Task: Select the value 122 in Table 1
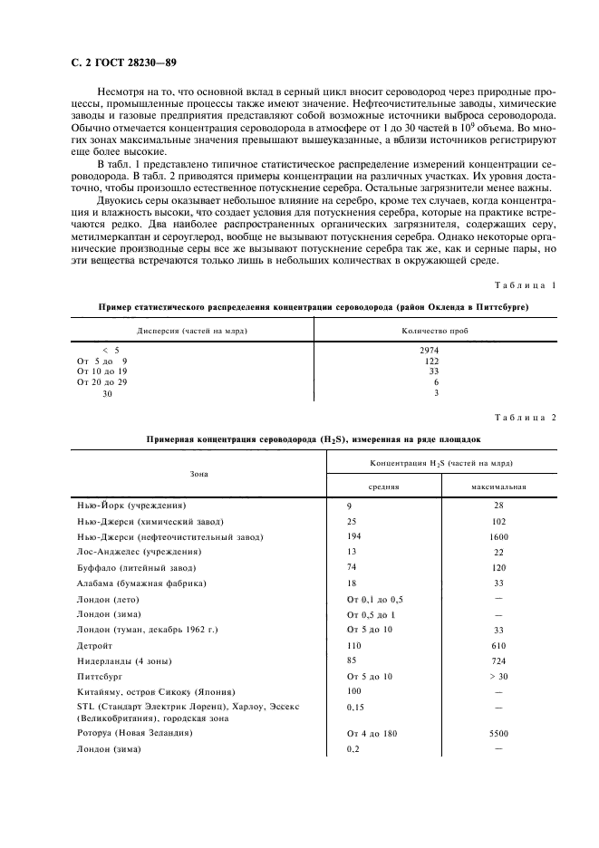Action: tap(432, 360)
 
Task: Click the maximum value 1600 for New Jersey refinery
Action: tap(498, 537)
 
